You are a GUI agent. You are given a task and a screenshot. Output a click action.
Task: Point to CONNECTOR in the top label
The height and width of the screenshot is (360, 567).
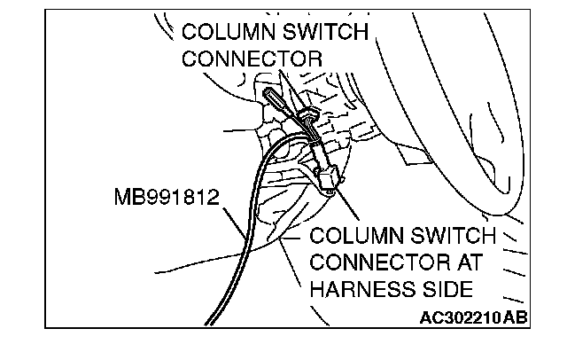tap(251, 59)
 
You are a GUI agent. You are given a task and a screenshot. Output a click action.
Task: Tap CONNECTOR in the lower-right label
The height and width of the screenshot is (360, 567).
tap(378, 263)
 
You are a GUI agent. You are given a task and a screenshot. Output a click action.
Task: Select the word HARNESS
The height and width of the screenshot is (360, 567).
tap(366, 289)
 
